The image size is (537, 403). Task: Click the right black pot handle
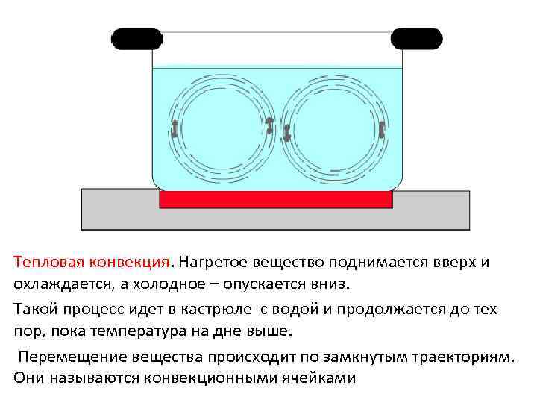click(x=416, y=38)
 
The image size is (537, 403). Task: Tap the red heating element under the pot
click(x=276, y=199)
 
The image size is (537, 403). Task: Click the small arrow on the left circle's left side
click(x=175, y=128)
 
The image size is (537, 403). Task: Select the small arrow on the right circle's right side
click(x=381, y=129)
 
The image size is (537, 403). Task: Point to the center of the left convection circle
click(x=222, y=129)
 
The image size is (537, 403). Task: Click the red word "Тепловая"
click(x=49, y=263)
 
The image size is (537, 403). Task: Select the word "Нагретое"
click(x=214, y=263)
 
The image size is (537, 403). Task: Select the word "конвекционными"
click(x=201, y=378)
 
